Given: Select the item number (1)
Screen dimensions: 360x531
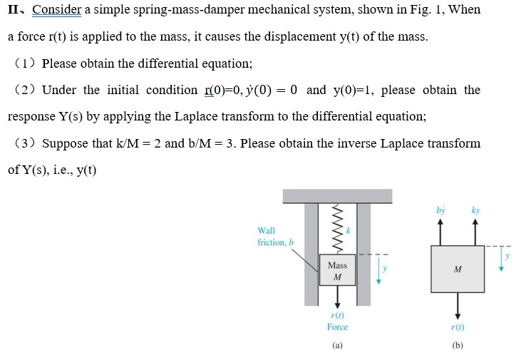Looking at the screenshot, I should coord(27,63).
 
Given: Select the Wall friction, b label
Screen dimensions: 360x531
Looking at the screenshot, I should coord(274,237).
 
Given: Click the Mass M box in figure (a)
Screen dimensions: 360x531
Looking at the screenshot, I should coord(337,270).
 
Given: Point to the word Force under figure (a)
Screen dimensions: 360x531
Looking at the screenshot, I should coord(337,327).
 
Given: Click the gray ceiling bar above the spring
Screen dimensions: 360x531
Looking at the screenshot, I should coord(337,196).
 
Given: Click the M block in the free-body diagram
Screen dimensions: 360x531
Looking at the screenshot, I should coord(458,269).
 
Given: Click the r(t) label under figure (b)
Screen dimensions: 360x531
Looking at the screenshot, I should coord(458,327).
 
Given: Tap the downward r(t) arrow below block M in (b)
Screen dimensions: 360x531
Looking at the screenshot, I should coord(458,305).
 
